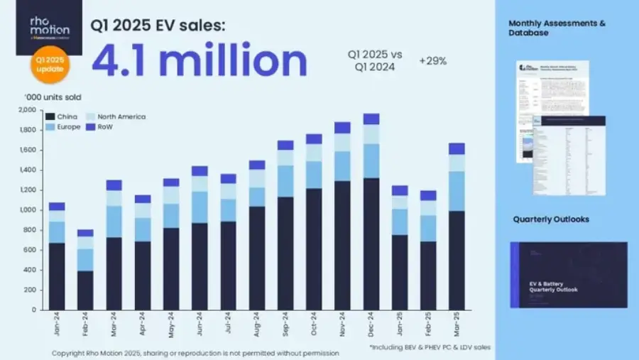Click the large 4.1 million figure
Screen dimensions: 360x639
click(199, 62)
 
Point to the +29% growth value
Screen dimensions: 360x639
click(432, 61)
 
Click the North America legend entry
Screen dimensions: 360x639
click(114, 116)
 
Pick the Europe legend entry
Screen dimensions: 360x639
click(63, 126)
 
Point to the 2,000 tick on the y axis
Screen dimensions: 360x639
click(26, 110)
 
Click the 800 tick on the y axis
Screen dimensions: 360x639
click(28, 230)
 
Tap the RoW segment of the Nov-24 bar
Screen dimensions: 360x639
click(342, 127)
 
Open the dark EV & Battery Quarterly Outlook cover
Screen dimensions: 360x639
click(568, 274)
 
